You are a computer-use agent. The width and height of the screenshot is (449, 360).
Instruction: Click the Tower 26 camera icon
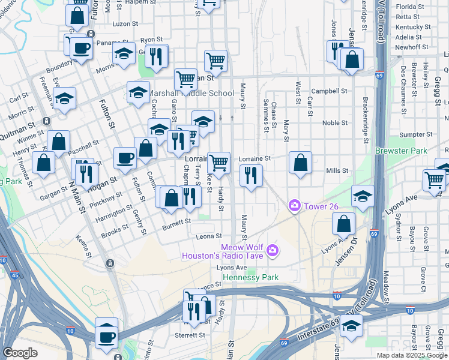tap(294, 206)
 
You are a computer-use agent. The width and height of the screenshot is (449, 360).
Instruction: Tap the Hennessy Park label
tap(252, 278)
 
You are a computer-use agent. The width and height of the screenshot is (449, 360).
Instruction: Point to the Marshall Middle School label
tap(191, 94)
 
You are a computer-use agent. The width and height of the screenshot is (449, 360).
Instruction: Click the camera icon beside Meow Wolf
tap(273, 250)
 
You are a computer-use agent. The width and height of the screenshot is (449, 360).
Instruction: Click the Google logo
tap(20, 353)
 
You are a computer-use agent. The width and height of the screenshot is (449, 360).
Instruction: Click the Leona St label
tap(211, 236)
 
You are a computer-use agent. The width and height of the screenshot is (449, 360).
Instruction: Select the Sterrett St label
tap(191, 335)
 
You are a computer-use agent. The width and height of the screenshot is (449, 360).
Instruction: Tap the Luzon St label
tap(126, 23)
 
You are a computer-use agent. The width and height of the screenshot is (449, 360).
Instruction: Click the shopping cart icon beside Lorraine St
tap(219, 161)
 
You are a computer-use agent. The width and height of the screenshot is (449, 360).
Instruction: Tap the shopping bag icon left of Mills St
tap(300, 161)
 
